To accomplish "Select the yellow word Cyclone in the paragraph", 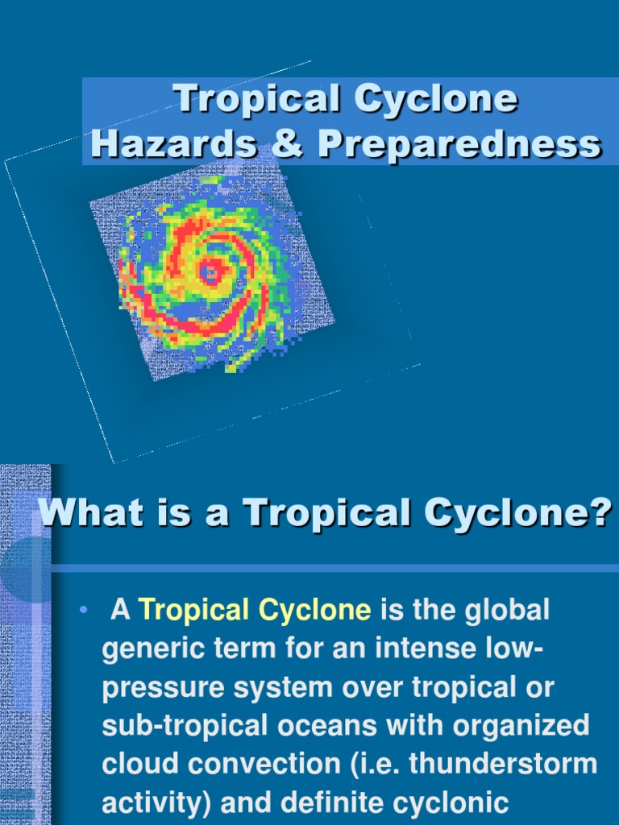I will click(x=314, y=610).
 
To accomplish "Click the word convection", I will click(x=239, y=762).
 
